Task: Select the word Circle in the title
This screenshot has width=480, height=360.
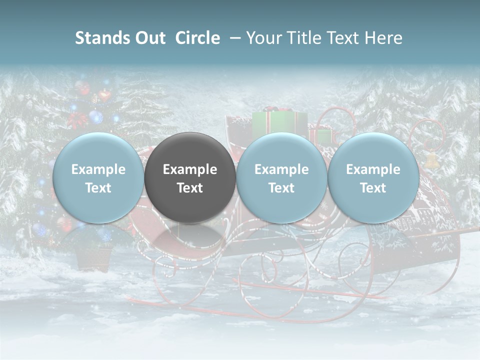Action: point(197,38)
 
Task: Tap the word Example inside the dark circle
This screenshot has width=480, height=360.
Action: point(190,169)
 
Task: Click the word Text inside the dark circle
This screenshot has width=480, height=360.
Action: point(190,188)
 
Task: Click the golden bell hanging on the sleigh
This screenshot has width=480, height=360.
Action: point(431,160)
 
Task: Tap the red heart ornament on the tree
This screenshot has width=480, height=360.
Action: point(104,95)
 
